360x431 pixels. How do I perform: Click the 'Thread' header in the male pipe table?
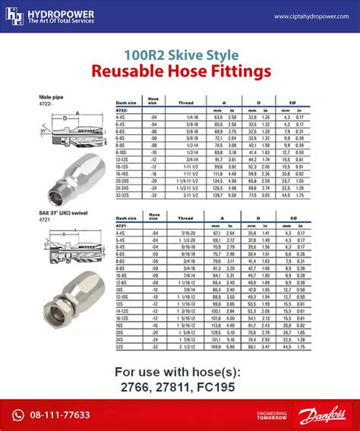pyautogui.click(x=185, y=103)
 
